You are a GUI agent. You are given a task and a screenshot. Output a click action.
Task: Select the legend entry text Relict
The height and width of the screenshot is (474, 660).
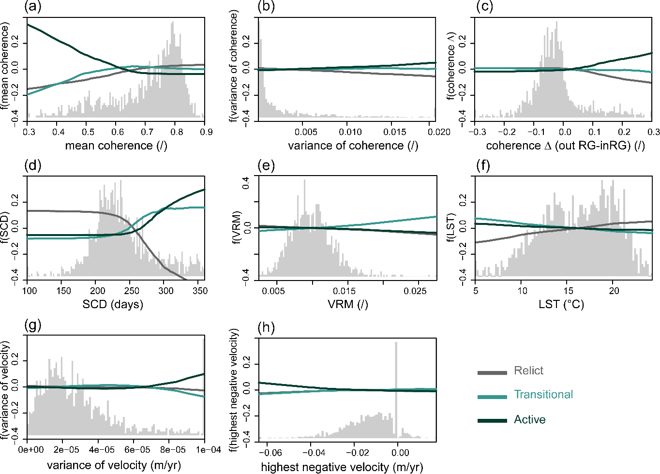pyautogui.click(x=528, y=371)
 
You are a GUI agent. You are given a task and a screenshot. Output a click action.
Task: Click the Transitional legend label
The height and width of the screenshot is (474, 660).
pyautogui.click(x=543, y=395)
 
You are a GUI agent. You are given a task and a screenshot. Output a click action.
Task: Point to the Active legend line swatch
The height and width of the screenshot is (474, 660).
pyautogui.click(x=492, y=420)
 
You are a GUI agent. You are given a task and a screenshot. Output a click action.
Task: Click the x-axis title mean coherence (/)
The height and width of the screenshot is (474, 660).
pyautogui.click(x=116, y=146)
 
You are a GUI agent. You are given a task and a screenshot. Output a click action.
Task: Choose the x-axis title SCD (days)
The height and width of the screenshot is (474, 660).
pyautogui.click(x=113, y=305)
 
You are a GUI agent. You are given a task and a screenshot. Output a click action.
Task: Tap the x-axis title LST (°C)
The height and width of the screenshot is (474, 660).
pyautogui.click(x=561, y=305)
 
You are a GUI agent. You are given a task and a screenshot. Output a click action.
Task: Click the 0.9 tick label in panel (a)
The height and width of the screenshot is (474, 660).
pyautogui.click(x=207, y=132)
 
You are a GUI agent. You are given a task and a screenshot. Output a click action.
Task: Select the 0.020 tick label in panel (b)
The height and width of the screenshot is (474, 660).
pyautogui.click(x=439, y=132)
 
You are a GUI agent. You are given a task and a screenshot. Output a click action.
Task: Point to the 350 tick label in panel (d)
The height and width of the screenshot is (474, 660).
pyautogui.click(x=200, y=291)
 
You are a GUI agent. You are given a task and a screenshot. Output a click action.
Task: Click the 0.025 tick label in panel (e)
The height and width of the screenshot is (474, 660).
pyautogui.click(x=415, y=291)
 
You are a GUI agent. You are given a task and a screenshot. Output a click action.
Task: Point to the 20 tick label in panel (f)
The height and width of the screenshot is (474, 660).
pyautogui.click(x=614, y=291)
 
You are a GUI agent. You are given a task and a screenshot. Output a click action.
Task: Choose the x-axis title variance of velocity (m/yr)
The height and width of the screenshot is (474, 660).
pyautogui.click(x=114, y=465)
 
